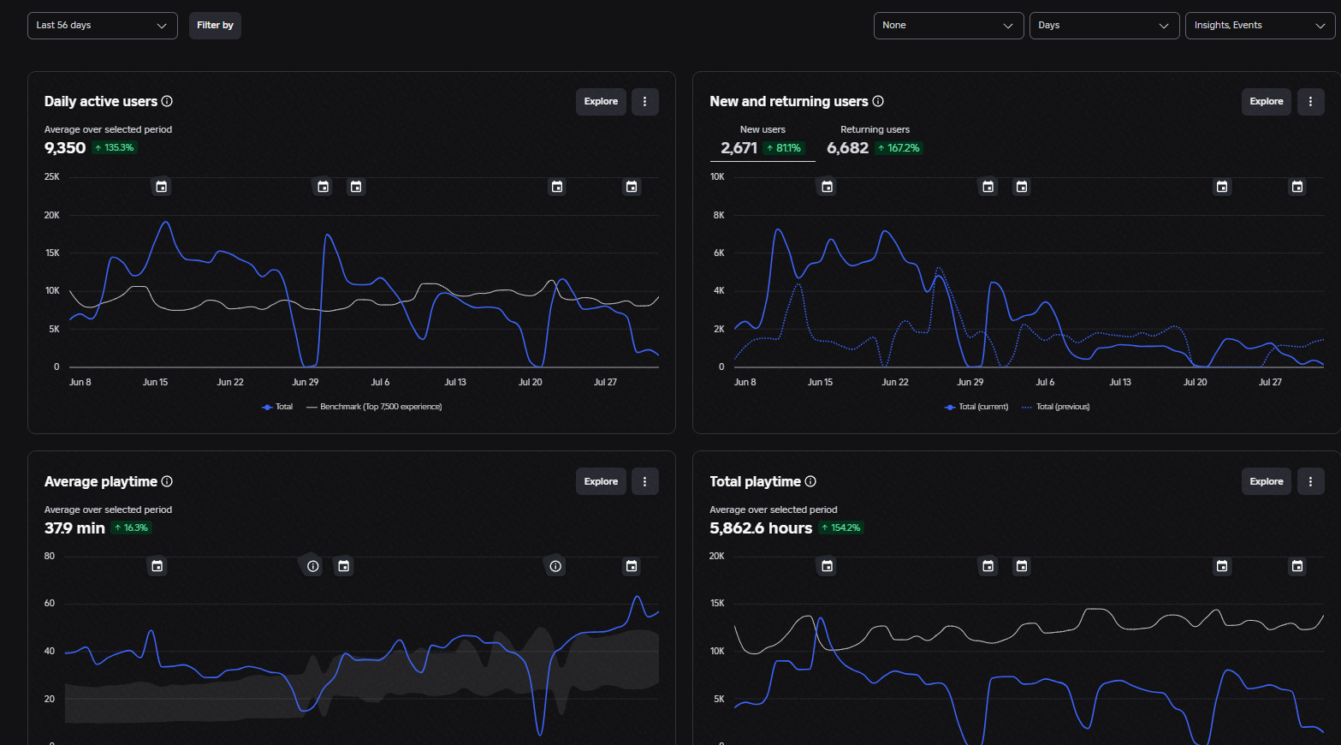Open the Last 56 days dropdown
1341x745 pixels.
(103, 26)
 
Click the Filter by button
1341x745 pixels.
(215, 26)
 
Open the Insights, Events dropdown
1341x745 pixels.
(1260, 26)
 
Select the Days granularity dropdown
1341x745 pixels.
(1104, 26)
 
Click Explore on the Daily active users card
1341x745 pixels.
(601, 102)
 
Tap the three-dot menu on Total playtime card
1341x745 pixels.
(1310, 481)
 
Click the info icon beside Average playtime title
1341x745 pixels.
(167, 481)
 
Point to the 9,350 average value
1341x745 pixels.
(65, 148)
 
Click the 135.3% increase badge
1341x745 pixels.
(115, 148)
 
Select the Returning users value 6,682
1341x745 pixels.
(847, 148)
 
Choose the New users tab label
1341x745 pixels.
(762, 129)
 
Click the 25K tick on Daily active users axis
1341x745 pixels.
(52, 176)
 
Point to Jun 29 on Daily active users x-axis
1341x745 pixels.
(306, 382)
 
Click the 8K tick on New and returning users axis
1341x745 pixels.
(718, 215)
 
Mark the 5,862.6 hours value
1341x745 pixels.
(760, 528)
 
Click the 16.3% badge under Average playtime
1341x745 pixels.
(132, 528)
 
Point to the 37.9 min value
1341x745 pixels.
(74, 528)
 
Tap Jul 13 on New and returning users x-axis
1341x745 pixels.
(1120, 382)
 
